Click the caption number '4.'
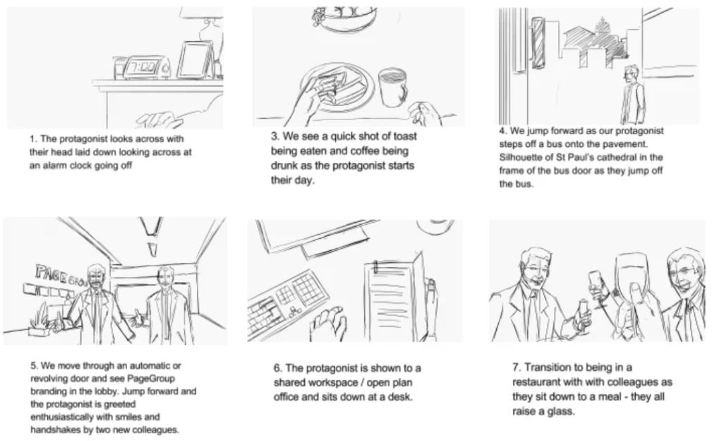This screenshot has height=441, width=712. click(504, 131)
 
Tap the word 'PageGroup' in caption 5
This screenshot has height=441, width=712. click(152, 377)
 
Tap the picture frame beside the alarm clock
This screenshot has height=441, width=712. click(194, 60)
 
